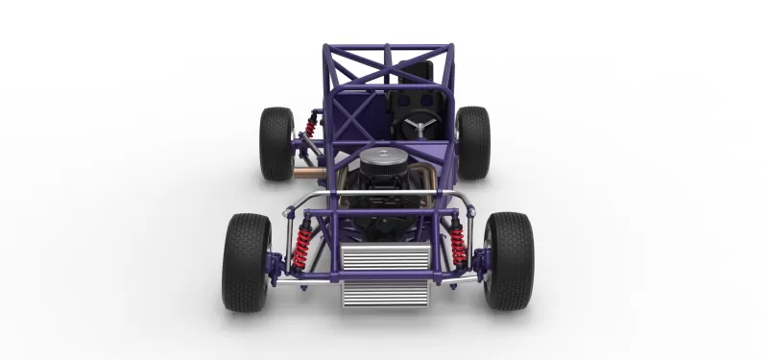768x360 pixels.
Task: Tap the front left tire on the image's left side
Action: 246,261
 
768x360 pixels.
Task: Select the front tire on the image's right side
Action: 509,261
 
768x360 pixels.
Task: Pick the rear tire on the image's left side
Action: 276,143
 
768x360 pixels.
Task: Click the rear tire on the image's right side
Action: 473,142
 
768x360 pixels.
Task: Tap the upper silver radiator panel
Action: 385,258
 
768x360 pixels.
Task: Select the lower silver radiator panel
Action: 385,293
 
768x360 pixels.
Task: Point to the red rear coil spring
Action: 312,123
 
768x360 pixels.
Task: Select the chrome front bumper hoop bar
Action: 384,196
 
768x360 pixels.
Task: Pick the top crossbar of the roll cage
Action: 387,46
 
